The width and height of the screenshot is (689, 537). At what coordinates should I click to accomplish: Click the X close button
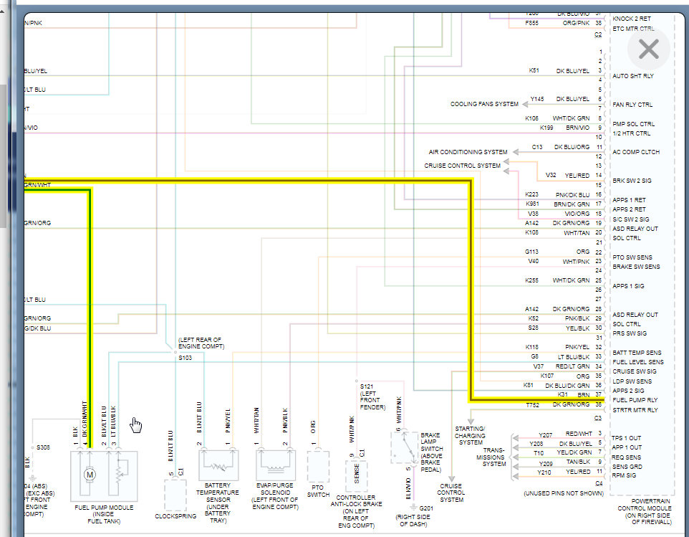point(648,49)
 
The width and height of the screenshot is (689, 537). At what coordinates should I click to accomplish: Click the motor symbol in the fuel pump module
point(90,475)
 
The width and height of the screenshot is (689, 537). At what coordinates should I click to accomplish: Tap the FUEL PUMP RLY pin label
point(635,400)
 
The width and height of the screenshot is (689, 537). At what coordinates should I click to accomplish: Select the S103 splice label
point(185,357)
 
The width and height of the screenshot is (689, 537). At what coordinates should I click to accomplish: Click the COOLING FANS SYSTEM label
point(484,104)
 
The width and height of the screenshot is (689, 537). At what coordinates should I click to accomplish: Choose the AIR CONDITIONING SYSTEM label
point(468,152)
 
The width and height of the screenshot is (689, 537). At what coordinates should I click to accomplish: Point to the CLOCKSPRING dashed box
point(175,494)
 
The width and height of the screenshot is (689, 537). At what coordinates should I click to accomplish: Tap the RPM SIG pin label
point(625,475)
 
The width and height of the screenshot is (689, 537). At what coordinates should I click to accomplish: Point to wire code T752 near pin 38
point(533,404)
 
